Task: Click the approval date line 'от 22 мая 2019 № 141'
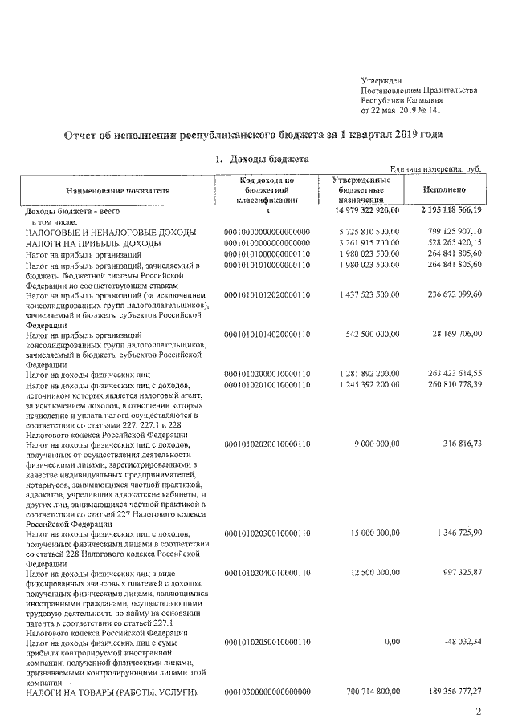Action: tap(402, 110)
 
